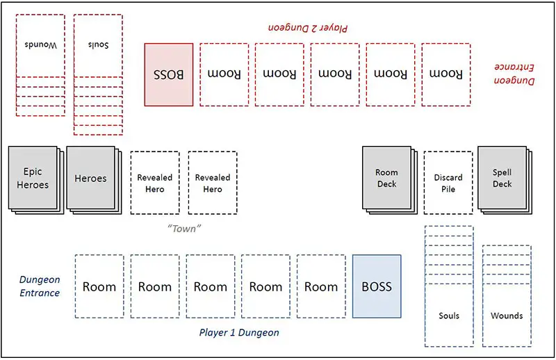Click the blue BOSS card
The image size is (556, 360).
point(377,286)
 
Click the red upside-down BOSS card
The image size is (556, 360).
point(169,74)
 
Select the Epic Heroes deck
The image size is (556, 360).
point(33,178)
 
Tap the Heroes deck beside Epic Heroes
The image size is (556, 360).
point(90,178)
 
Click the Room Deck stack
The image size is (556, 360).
point(386,178)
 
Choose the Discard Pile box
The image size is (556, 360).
point(448,183)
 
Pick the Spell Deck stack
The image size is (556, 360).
point(502,178)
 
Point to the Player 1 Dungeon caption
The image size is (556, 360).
point(239,333)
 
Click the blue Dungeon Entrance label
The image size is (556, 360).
point(39,286)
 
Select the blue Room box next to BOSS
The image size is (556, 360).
point(321,286)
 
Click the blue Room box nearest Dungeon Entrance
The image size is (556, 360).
point(99,286)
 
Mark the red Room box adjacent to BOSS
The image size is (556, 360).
point(224,74)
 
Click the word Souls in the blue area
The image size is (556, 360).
point(449,316)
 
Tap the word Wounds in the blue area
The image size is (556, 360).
point(507,316)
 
